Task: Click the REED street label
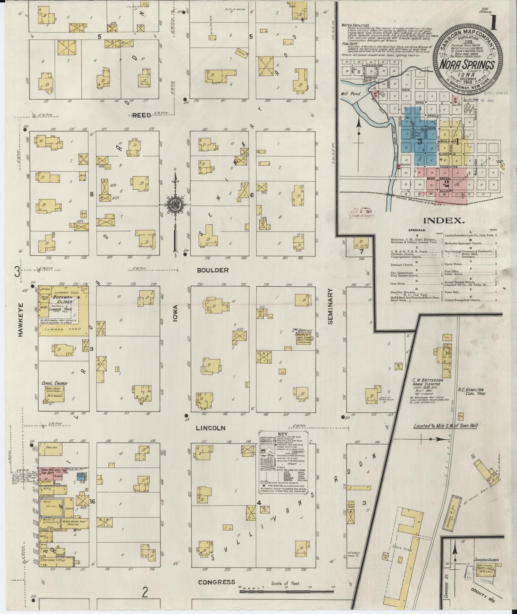141,115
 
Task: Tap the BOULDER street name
213,270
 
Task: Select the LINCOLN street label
211,428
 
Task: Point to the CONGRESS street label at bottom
216,582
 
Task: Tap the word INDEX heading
444,221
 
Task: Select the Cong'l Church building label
54,383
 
